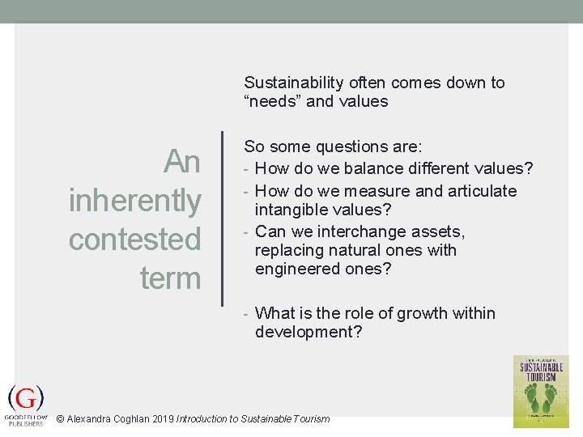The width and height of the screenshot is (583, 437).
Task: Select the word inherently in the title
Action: pyautogui.click(x=135, y=200)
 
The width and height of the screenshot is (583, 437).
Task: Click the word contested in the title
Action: pyautogui.click(x=134, y=240)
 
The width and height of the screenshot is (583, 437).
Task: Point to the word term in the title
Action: pyautogui.click(x=170, y=278)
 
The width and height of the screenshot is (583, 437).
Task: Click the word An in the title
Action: pyautogui.click(x=181, y=162)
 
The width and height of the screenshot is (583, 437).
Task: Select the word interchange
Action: pyautogui.click(x=354, y=232)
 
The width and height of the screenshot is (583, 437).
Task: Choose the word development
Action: pyautogui.click(x=309, y=333)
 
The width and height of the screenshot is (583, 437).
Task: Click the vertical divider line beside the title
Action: pyautogui.click(x=222, y=218)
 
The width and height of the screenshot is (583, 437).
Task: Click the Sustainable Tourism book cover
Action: pyautogui.click(x=541, y=391)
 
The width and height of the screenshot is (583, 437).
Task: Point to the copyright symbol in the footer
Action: pyautogui.click(x=60, y=419)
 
